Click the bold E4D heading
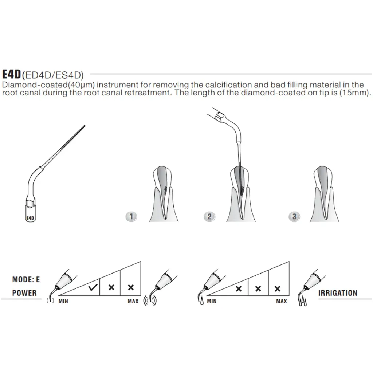click(x=12, y=75)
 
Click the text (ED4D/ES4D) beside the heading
click(x=53, y=75)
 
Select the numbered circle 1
click(x=131, y=217)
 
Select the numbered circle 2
click(x=209, y=217)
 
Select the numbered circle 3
click(x=294, y=217)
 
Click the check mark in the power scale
click(x=93, y=288)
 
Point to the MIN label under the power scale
click(x=63, y=302)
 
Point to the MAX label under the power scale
click(x=133, y=302)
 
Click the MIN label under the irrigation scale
click(x=212, y=302)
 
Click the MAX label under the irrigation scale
click(x=281, y=302)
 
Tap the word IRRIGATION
click(x=337, y=293)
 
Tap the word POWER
click(x=24, y=293)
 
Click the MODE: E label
click(x=26, y=280)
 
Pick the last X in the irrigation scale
click(x=278, y=289)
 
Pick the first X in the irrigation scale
click(x=239, y=289)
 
